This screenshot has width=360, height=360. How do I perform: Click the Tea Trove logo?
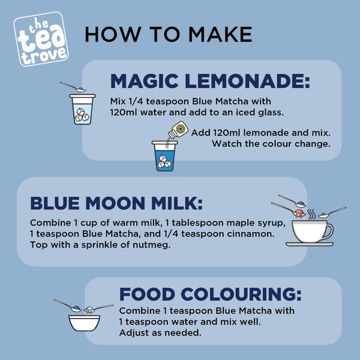click(x=41, y=39)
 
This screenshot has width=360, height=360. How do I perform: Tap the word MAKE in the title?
click(x=220, y=34)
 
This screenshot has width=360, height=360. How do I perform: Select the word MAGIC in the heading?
click(x=145, y=81)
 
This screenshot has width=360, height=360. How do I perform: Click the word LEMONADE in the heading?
click(x=247, y=81)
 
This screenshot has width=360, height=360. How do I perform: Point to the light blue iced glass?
click(x=82, y=109)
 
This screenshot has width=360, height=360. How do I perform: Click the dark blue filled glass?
click(x=164, y=156)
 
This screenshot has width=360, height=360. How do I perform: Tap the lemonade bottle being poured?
click(x=178, y=130)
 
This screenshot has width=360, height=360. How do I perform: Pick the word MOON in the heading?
click(x=115, y=203)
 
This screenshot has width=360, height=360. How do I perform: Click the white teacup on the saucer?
click(x=310, y=231)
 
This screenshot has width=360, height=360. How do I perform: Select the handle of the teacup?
click(x=331, y=232)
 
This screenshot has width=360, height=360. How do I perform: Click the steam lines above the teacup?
click(x=311, y=214)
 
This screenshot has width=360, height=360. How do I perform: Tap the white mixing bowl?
click(x=84, y=323)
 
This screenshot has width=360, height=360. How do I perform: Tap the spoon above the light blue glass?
click(x=73, y=87)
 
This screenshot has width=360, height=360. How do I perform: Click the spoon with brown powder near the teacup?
click(x=332, y=212)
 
